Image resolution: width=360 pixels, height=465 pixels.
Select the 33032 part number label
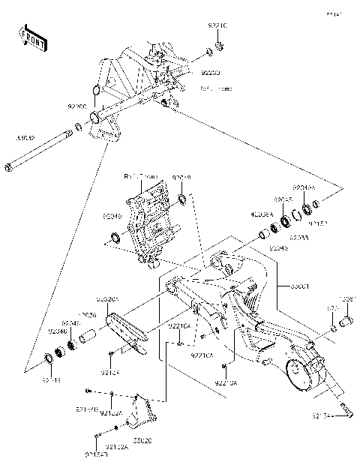tap(26, 138)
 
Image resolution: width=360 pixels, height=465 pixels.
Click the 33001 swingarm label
tap(286, 286)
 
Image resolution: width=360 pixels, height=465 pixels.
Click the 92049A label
tap(304, 187)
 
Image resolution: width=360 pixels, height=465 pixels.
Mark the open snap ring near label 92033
tap(296, 218)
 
